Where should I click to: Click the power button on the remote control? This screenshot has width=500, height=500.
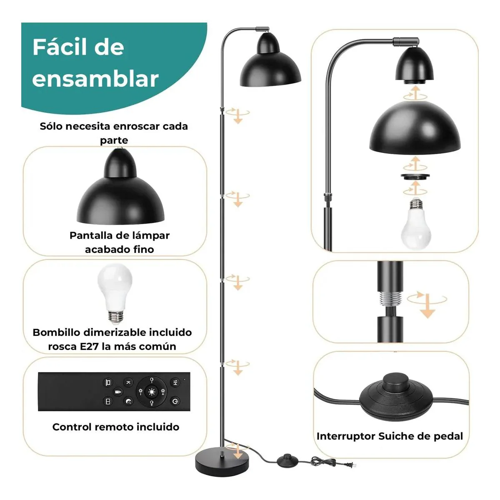(175, 402)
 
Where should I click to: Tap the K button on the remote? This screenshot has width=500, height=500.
(128, 382)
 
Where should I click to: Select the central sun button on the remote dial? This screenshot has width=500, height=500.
(152, 392)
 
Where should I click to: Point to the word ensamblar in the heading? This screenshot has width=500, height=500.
(95, 79)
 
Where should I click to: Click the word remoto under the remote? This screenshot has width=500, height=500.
(112, 427)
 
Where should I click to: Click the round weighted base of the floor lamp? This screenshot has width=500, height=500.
(222, 465)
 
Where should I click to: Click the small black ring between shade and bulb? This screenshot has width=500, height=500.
(415, 176)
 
